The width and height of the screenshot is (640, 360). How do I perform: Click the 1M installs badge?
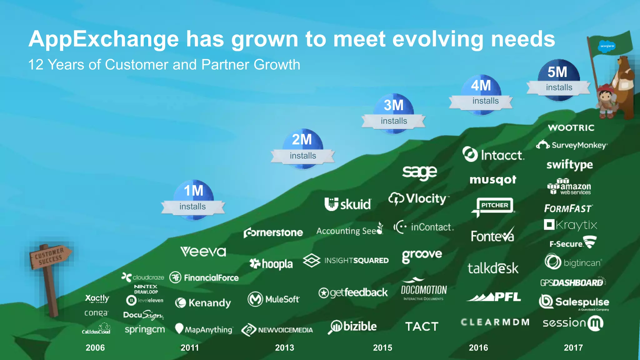(x=193, y=200)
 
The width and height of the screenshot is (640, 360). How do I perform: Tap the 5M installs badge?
(x=558, y=80)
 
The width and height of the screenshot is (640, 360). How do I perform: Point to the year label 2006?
(x=95, y=347)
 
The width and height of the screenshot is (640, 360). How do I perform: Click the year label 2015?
(x=382, y=347)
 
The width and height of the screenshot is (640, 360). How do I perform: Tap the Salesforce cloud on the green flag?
(x=607, y=46)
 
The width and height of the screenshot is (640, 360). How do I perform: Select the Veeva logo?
(x=203, y=252)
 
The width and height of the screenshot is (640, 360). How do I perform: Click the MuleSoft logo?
(x=273, y=299)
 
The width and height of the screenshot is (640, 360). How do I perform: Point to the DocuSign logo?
(x=143, y=315)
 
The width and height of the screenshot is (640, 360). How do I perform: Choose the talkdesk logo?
(x=493, y=268)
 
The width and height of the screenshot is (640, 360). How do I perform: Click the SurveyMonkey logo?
(x=572, y=145)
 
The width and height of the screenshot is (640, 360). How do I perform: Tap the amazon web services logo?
(x=569, y=187)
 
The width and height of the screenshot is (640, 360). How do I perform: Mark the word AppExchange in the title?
(x=104, y=39)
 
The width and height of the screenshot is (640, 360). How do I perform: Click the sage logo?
(x=419, y=172)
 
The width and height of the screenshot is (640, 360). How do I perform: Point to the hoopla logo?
(x=271, y=264)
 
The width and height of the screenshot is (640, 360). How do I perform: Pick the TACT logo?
(x=422, y=327)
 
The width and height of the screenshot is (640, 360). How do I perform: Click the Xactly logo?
(x=97, y=298)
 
